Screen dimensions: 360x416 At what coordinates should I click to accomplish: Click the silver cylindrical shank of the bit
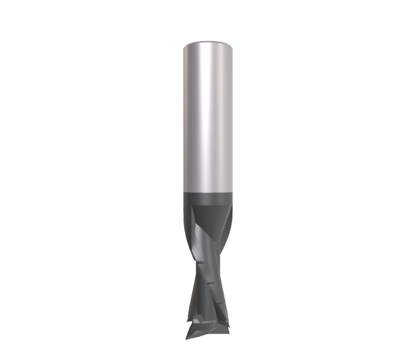coord(208,115)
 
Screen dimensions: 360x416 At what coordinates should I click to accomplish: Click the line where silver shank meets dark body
coord(208,190)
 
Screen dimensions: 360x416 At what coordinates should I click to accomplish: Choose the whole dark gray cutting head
coord(208,259)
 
